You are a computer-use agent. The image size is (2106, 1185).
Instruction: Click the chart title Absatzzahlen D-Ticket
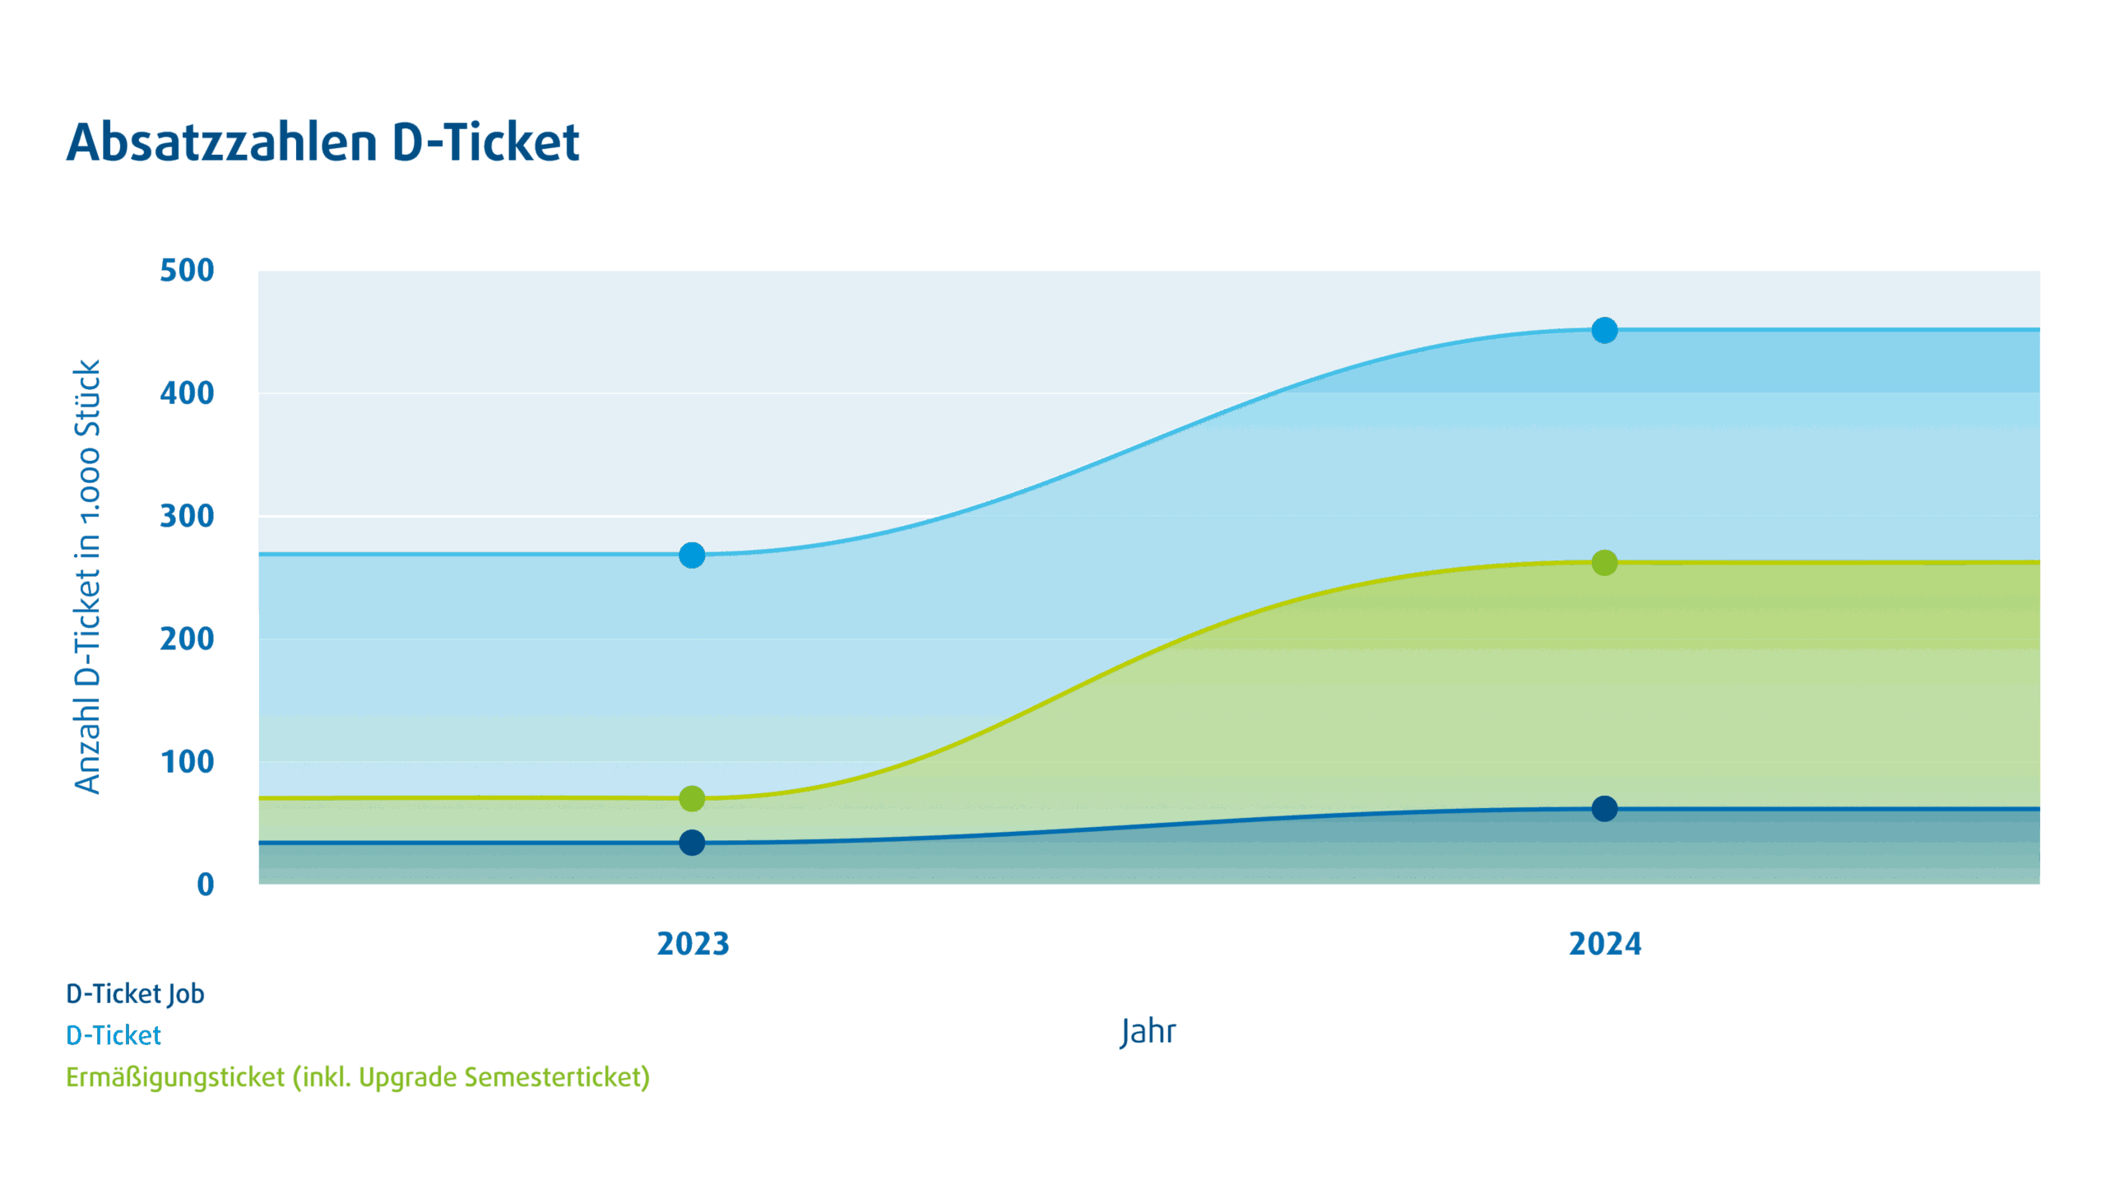(x=322, y=142)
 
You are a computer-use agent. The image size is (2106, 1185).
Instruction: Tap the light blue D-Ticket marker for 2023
(x=692, y=555)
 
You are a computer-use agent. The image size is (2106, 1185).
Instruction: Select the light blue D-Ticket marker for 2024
(x=1604, y=331)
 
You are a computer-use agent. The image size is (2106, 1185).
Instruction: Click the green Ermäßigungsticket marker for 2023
(x=692, y=798)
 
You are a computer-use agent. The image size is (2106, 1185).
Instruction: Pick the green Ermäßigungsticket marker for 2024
(x=1604, y=563)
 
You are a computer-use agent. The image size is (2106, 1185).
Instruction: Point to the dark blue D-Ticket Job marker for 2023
(x=692, y=843)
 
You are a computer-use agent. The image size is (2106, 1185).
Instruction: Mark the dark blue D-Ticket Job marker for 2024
(x=1604, y=809)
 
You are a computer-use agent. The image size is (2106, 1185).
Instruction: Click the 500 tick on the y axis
(x=187, y=271)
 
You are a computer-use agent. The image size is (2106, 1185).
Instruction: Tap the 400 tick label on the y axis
(x=187, y=393)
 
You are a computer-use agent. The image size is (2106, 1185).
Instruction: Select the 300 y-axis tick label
(x=187, y=517)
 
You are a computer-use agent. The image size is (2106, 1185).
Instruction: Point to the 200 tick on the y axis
(x=187, y=639)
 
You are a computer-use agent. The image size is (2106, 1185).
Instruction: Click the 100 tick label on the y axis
(x=187, y=762)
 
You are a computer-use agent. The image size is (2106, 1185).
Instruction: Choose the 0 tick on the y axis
(x=206, y=885)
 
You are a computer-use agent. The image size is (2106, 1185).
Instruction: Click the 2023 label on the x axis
(x=693, y=944)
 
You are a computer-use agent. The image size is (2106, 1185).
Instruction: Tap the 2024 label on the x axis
(x=1605, y=944)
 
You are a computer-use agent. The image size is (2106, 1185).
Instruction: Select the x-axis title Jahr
(x=1148, y=1032)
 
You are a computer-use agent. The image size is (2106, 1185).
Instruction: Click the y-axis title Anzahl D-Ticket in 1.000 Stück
(x=87, y=576)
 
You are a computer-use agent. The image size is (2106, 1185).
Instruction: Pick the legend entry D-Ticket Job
(x=135, y=994)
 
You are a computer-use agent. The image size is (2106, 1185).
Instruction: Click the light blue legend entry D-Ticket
(x=114, y=1035)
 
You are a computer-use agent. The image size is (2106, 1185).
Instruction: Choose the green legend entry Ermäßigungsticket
(x=358, y=1077)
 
